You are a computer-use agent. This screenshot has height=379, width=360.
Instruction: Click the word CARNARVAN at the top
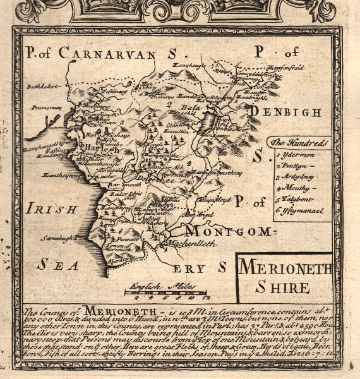(107, 53)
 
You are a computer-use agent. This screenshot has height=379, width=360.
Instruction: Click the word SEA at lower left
(52, 264)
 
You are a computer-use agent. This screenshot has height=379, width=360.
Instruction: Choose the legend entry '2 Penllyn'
(291, 165)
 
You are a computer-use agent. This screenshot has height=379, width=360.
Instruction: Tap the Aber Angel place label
(189, 214)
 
